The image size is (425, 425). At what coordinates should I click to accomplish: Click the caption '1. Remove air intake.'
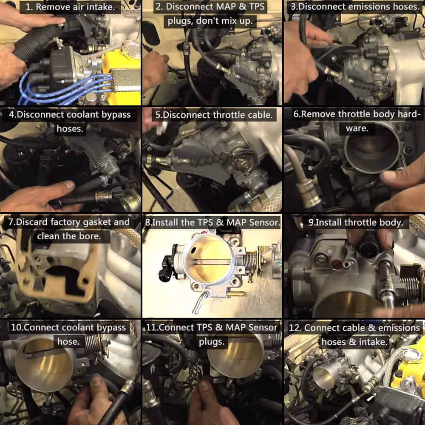click(x=70, y=7)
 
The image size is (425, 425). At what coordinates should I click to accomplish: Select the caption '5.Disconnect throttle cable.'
click(x=214, y=115)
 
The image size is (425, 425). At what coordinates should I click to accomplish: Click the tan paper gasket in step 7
click(x=54, y=271)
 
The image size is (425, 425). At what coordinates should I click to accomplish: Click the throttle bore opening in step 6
click(x=373, y=148)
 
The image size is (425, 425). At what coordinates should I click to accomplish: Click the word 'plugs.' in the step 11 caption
click(x=212, y=342)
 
